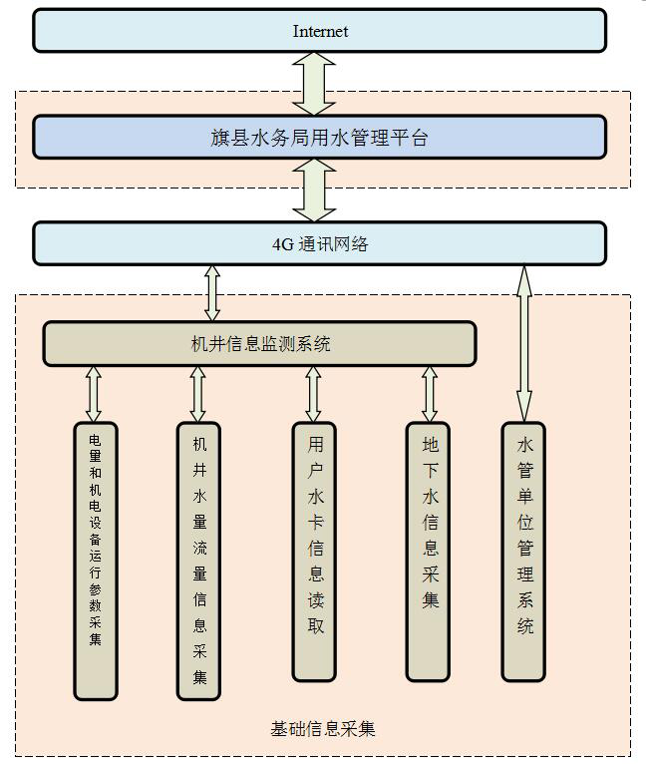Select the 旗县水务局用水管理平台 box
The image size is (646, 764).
tap(319, 138)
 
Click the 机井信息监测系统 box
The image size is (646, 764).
tap(259, 345)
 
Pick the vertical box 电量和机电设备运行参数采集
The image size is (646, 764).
tap(96, 559)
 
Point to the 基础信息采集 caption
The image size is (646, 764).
tap(323, 729)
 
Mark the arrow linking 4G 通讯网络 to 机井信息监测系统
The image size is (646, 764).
tap(211, 293)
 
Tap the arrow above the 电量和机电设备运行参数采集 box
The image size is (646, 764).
tap(95, 394)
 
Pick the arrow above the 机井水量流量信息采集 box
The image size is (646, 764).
tap(198, 394)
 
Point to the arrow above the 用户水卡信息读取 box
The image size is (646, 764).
tap(314, 394)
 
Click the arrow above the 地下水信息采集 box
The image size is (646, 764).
tap(430, 394)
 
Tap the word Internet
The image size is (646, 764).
tap(320, 31)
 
